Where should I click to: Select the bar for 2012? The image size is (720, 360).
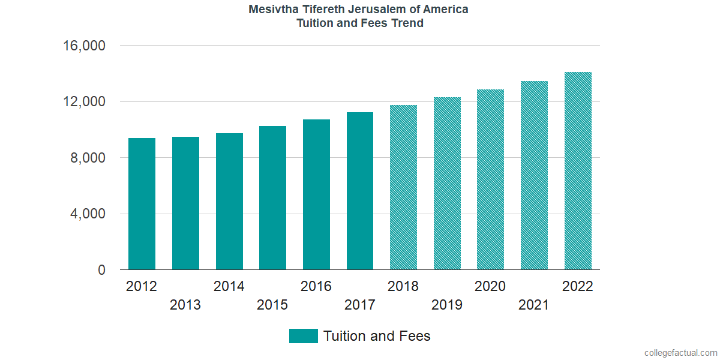(x=142, y=204)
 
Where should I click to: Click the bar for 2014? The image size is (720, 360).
(x=229, y=202)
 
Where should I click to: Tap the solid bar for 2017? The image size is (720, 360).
(x=360, y=191)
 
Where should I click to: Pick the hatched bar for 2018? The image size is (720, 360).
(x=403, y=187)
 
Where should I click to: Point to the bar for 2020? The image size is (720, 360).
(x=490, y=179)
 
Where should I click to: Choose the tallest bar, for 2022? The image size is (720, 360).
(x=578, y=171)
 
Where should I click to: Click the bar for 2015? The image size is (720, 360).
(x=272, y=198)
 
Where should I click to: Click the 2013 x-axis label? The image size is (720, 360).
(x=185, y=305)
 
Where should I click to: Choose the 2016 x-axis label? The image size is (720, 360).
(x=316, y=286)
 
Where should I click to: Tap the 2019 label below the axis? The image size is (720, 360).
(x=447, y=305)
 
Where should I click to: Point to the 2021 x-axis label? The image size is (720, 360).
(x=534, y=305)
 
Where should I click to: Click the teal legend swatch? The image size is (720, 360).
(x=303, y=336)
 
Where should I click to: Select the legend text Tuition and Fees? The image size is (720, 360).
(x=377, y=336)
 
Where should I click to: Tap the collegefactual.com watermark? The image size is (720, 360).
(x=680, y=353)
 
